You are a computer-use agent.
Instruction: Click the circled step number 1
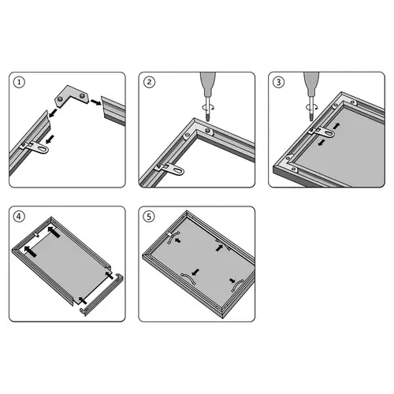coord(19,82)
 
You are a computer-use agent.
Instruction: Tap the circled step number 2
coord(149,82)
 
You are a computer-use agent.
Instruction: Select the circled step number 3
coord(279,82)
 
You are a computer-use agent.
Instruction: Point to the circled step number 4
coord(19,217)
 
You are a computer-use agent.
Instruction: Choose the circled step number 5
coord(149,217)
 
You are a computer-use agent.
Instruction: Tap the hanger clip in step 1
coord(36,147)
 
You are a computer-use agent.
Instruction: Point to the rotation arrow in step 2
coord(207,107)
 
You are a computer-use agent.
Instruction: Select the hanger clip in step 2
coord(171,169)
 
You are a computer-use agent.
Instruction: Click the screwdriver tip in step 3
coord(311,117)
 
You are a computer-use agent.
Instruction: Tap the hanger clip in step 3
coord(322,132)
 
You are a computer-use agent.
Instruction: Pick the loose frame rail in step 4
coord(102,294)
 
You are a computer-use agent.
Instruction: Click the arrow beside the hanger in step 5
coord(178,240)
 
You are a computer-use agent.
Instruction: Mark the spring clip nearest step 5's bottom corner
coord(237,286)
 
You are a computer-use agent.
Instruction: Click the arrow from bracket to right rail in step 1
coord(96,102)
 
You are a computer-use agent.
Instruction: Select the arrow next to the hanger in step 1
coord(50,139)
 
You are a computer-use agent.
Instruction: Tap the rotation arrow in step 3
coord(311,107)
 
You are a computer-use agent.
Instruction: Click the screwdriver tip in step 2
coord(208,117)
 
